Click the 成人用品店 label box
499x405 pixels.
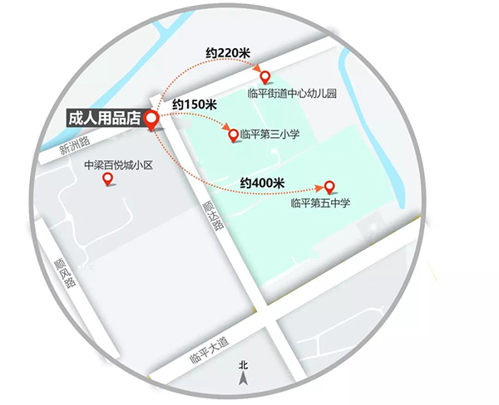(103, 118)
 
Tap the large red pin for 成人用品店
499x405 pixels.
(152, 121)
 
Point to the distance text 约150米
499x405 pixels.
(194, 105)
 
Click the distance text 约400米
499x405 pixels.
(262, 181)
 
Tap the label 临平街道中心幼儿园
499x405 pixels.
(291, 93)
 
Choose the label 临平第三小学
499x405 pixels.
(270, 134)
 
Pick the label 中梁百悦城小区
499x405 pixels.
(119, 165)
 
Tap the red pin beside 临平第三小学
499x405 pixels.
(233, 134)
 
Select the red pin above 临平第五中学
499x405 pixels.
(329, 187)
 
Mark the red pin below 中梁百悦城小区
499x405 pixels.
(107, 178)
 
